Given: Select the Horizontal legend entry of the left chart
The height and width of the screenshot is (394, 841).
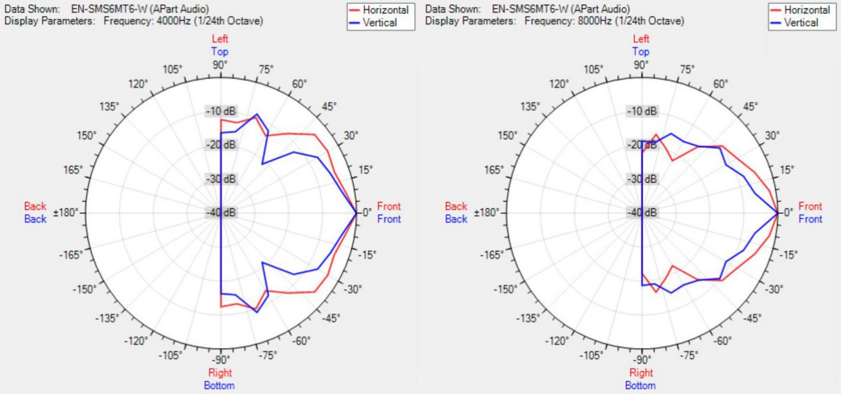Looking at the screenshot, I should pos(385,10).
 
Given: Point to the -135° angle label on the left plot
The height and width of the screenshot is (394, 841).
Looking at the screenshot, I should pos(106,318).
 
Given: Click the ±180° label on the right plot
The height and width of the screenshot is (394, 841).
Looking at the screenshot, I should pos(488,213).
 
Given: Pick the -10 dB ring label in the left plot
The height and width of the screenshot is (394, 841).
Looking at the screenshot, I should pos(221,111).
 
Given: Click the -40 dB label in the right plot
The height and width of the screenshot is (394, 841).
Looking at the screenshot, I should pos(642,212).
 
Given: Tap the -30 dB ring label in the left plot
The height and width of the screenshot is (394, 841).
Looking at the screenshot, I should pos(221,179).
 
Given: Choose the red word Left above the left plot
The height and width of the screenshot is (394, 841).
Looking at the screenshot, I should pos(220,39).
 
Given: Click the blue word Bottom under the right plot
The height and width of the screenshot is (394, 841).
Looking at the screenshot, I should pos(641,386).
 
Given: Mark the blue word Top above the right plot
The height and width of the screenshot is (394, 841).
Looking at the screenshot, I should pos(641,52).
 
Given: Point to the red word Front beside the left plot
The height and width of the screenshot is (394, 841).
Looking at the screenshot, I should pos(389,206).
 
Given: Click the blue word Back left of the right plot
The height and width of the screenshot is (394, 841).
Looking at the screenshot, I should pos(456,219).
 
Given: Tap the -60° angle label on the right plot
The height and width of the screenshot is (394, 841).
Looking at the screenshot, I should pos(724,342).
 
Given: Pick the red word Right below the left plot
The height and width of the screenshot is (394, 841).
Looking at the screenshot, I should pos(220,373).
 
